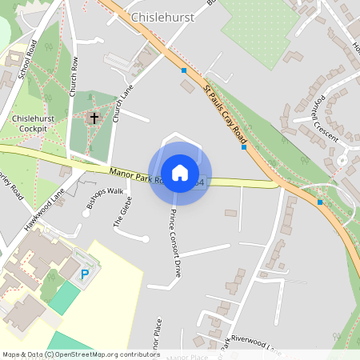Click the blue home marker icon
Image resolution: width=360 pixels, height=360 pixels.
pyautogui.click(x=180, y=173)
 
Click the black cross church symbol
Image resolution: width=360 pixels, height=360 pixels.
pyautogui.click(x=94, y=118)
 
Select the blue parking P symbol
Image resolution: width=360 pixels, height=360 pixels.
pyautogui.click(x=85, y=274)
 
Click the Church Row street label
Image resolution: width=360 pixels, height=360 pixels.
pyautogui.click(x=74, y=77)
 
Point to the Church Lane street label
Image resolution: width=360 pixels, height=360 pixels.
pyautogui.click(x=121, y=104)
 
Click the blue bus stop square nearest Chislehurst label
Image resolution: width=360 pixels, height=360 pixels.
pyautogui.click(x=184, y=70)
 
